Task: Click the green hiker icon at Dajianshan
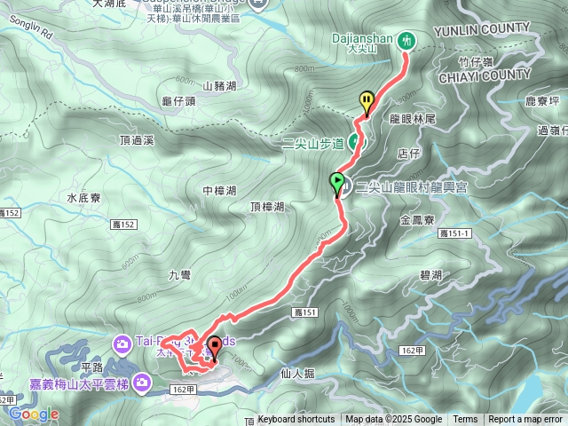[406, 40]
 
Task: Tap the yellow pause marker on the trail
[367, 101]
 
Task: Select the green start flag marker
[337, 184]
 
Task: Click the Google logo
[34, 414]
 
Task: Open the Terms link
[465, 420]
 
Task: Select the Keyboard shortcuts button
[296, 420]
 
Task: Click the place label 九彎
[180, 276]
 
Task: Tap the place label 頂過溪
[137, 140]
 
